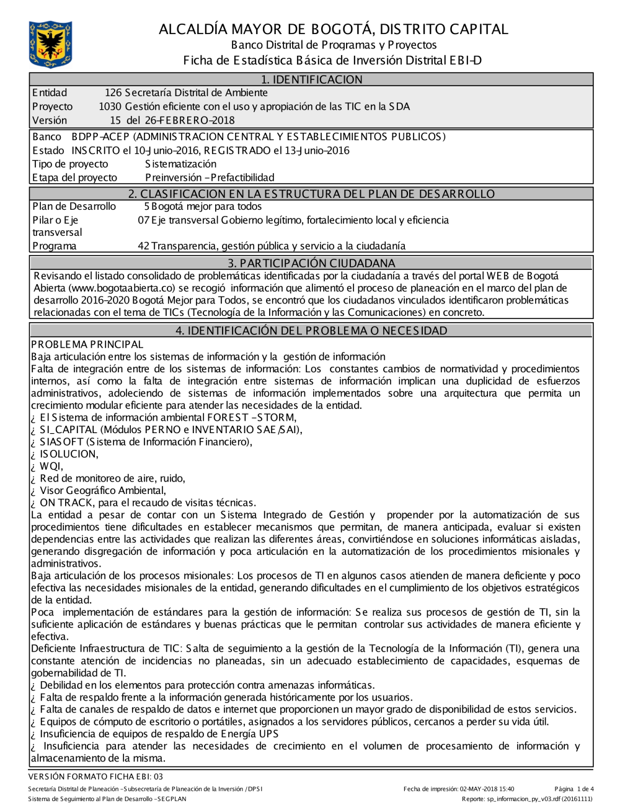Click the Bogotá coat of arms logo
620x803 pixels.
pos(50,44)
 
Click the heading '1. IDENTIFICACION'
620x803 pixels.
pos(311,79)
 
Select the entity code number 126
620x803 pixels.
pos(113,93)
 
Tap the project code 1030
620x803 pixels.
pos(110,107)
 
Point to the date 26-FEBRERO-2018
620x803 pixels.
pos(189,120)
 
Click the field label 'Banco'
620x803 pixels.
pos(46,137)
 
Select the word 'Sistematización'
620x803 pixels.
pos(180,164)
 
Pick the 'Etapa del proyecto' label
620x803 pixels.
pos(74,177)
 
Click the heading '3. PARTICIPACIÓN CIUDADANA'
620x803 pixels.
pos(311,262)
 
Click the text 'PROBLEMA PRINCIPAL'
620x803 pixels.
pos(87,344)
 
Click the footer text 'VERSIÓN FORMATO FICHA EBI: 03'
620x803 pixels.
pos(96,776)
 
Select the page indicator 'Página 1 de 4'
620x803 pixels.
pos(574,789)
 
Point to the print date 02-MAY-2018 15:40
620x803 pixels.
pos(487,789)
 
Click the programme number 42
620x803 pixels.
pos(143,246)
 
